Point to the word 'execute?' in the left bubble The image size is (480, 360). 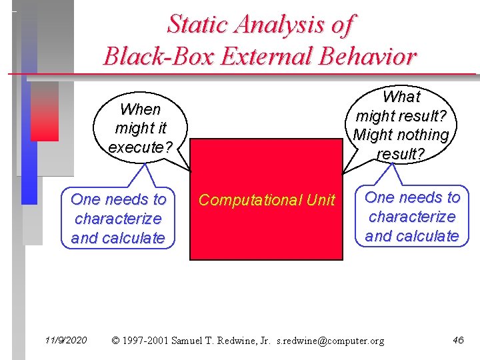coord(141,147)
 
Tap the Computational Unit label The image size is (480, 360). coord(267,200)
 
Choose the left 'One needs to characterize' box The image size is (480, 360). coord(118,219)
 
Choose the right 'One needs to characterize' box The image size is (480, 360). coord(412,217)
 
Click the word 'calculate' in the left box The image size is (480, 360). coord(133,238)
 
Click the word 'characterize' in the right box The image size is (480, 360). coord(412,217)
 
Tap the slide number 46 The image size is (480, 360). coord(458,341)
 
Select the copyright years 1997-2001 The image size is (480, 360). coord(145,341)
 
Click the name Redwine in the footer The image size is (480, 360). coord(233,341)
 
